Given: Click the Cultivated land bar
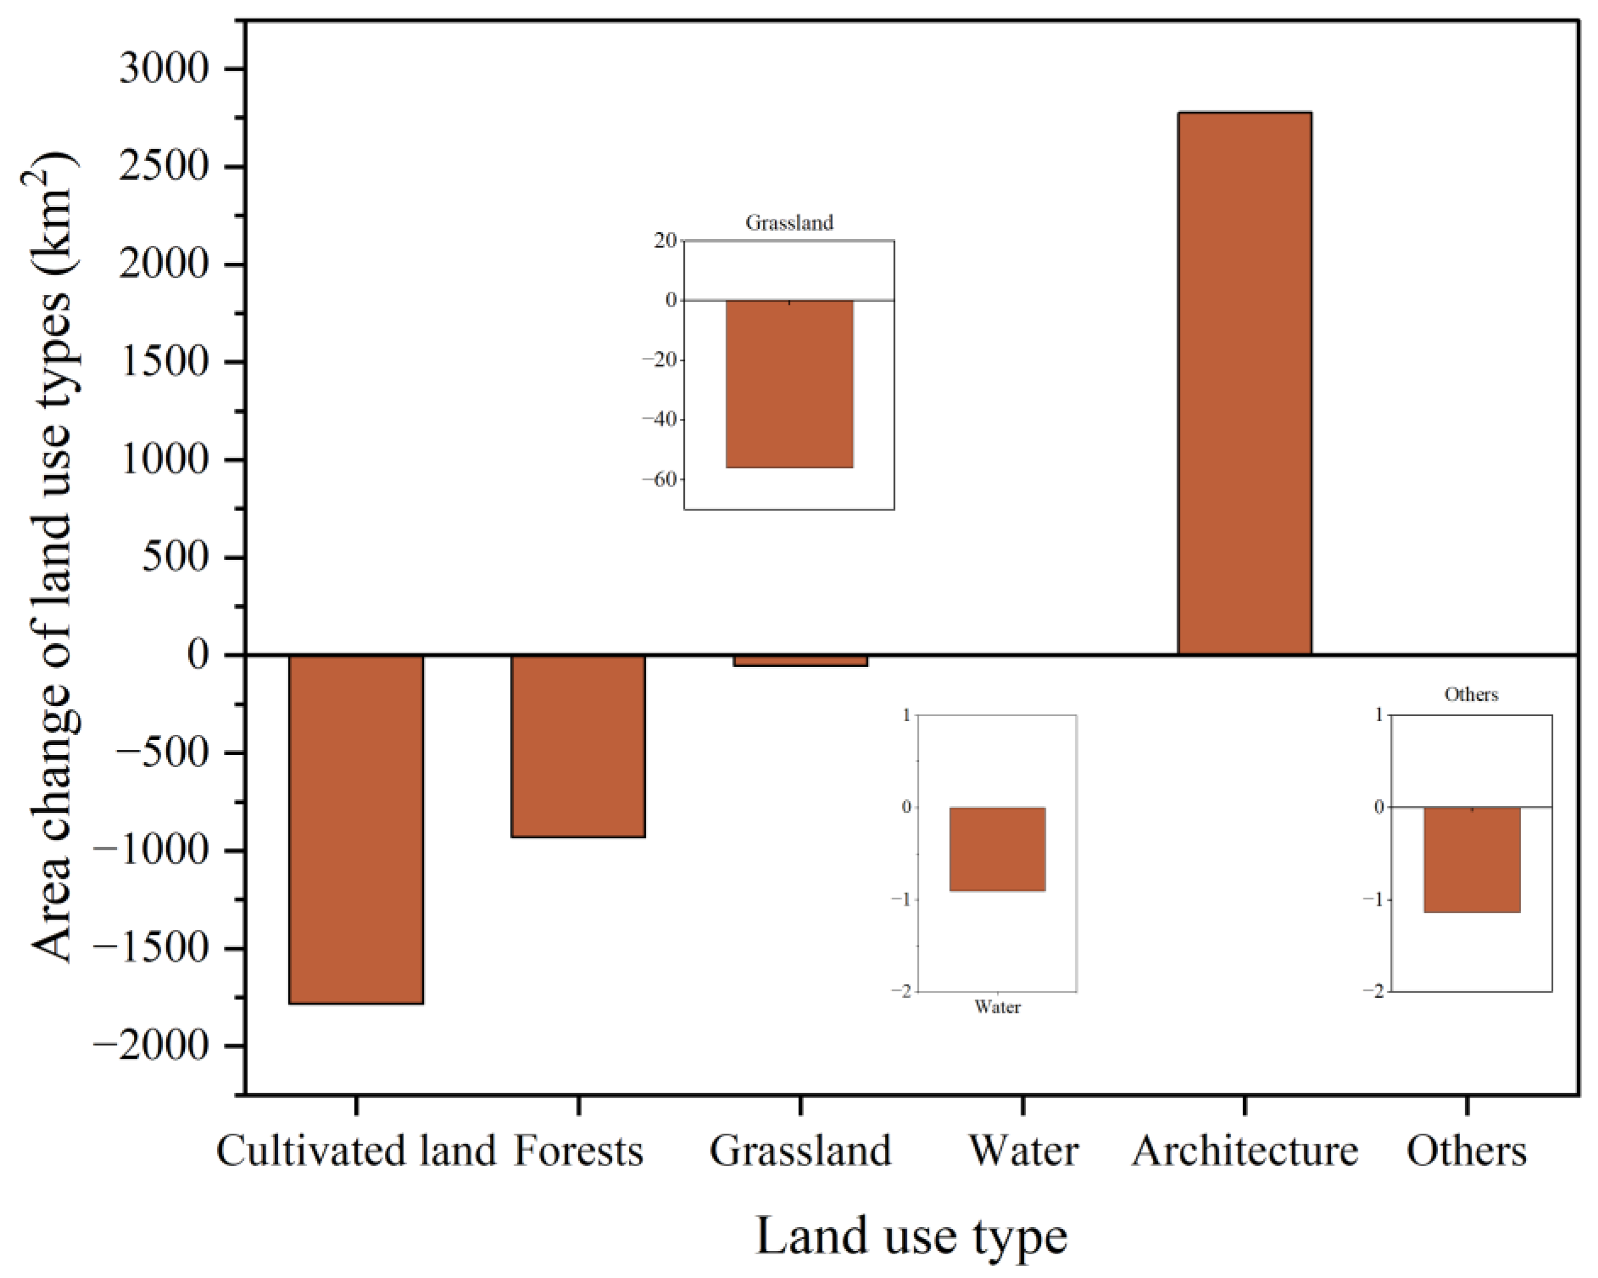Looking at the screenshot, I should point(356,829).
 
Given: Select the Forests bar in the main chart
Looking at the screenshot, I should point(578,746).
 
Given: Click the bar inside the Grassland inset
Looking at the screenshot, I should point(789,383).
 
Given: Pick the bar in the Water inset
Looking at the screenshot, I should point(998,849).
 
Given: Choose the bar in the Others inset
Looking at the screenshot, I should point(1472,859).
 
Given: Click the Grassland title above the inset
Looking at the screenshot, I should point(789,222).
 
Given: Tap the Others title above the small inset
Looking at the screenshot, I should point(1471,695).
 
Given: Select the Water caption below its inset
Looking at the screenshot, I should point(998,1007).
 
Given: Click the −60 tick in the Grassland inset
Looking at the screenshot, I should point(659,480).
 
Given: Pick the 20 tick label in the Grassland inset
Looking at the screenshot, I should point(666,240).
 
